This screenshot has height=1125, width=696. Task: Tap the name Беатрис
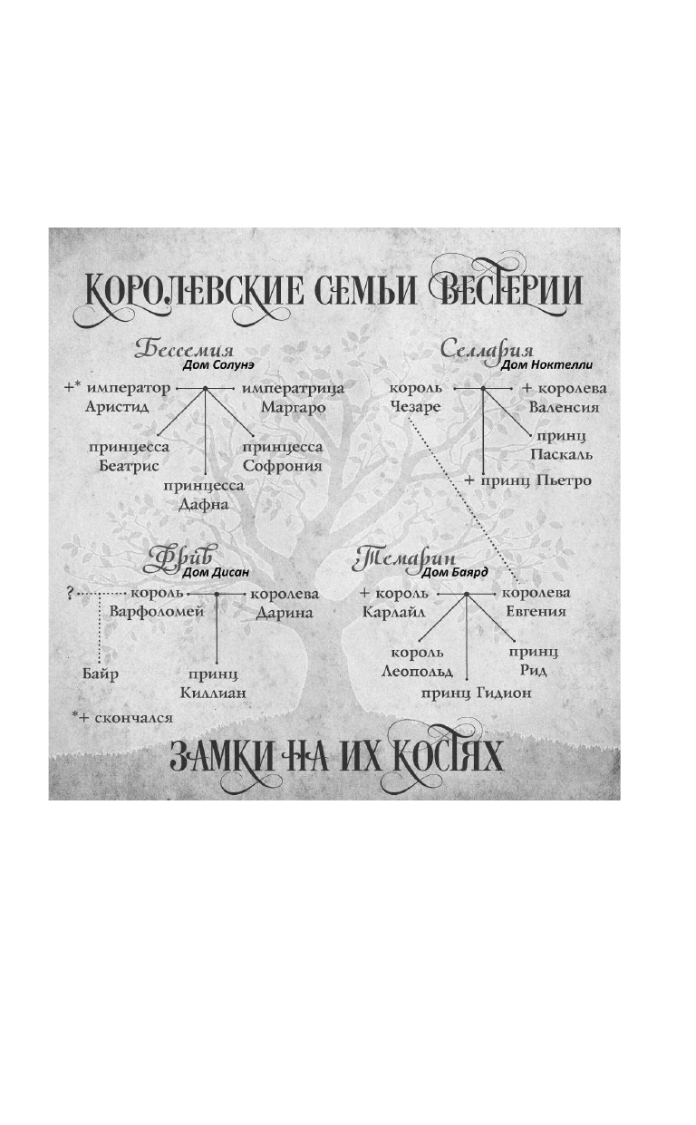(x=129, y=466)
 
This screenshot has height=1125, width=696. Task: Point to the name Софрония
(x=283, y=466)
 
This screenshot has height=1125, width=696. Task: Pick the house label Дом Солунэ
(x=217, y=364)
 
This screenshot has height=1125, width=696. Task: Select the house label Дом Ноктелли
(x=546, y=364)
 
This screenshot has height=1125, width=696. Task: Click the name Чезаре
(x=416, y=407)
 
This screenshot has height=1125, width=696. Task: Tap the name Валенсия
(x=565, y=407)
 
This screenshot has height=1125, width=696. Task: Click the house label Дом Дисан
(x=216, y=572)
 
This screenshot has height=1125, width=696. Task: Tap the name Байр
(x=100, y=674)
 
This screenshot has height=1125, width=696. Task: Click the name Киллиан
(x=213, y=693)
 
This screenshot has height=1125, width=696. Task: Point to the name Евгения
(x=536, y=612)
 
